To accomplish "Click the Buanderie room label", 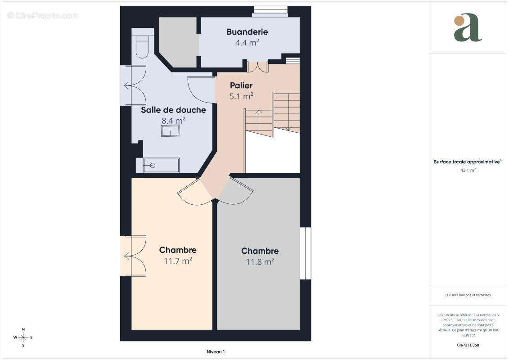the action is click(x=247, y=32).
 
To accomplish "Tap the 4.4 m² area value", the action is click(x=247, y=42).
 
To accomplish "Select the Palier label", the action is click(x=241, y=85).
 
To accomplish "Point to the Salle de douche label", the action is click(x=173, y=110).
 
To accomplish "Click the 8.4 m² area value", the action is click(x=173, y=121).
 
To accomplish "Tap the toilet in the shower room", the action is click(x=142, y=43).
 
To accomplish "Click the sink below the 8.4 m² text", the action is click(x=171, y=131).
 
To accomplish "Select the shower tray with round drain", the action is click(x=158, y=166).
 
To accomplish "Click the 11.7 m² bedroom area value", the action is click(x=178, y=261).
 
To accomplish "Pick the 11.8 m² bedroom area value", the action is click(x=260, y=261).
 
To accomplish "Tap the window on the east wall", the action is click(x=306, y=253).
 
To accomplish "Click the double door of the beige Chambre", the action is click(x=135, y=256).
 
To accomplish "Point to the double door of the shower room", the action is click(x=135, y=85).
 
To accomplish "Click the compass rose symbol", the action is click(x=23, y=337).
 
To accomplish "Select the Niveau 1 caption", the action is click(x=216, y=352).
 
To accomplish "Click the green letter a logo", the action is click(x=468, y=27).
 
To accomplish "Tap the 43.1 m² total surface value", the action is click(x=468, y=170).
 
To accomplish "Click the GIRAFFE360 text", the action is click(x=468, y=345).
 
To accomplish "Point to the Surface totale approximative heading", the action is click(x=468, y=162).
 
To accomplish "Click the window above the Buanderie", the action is click(x=270, y=11).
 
